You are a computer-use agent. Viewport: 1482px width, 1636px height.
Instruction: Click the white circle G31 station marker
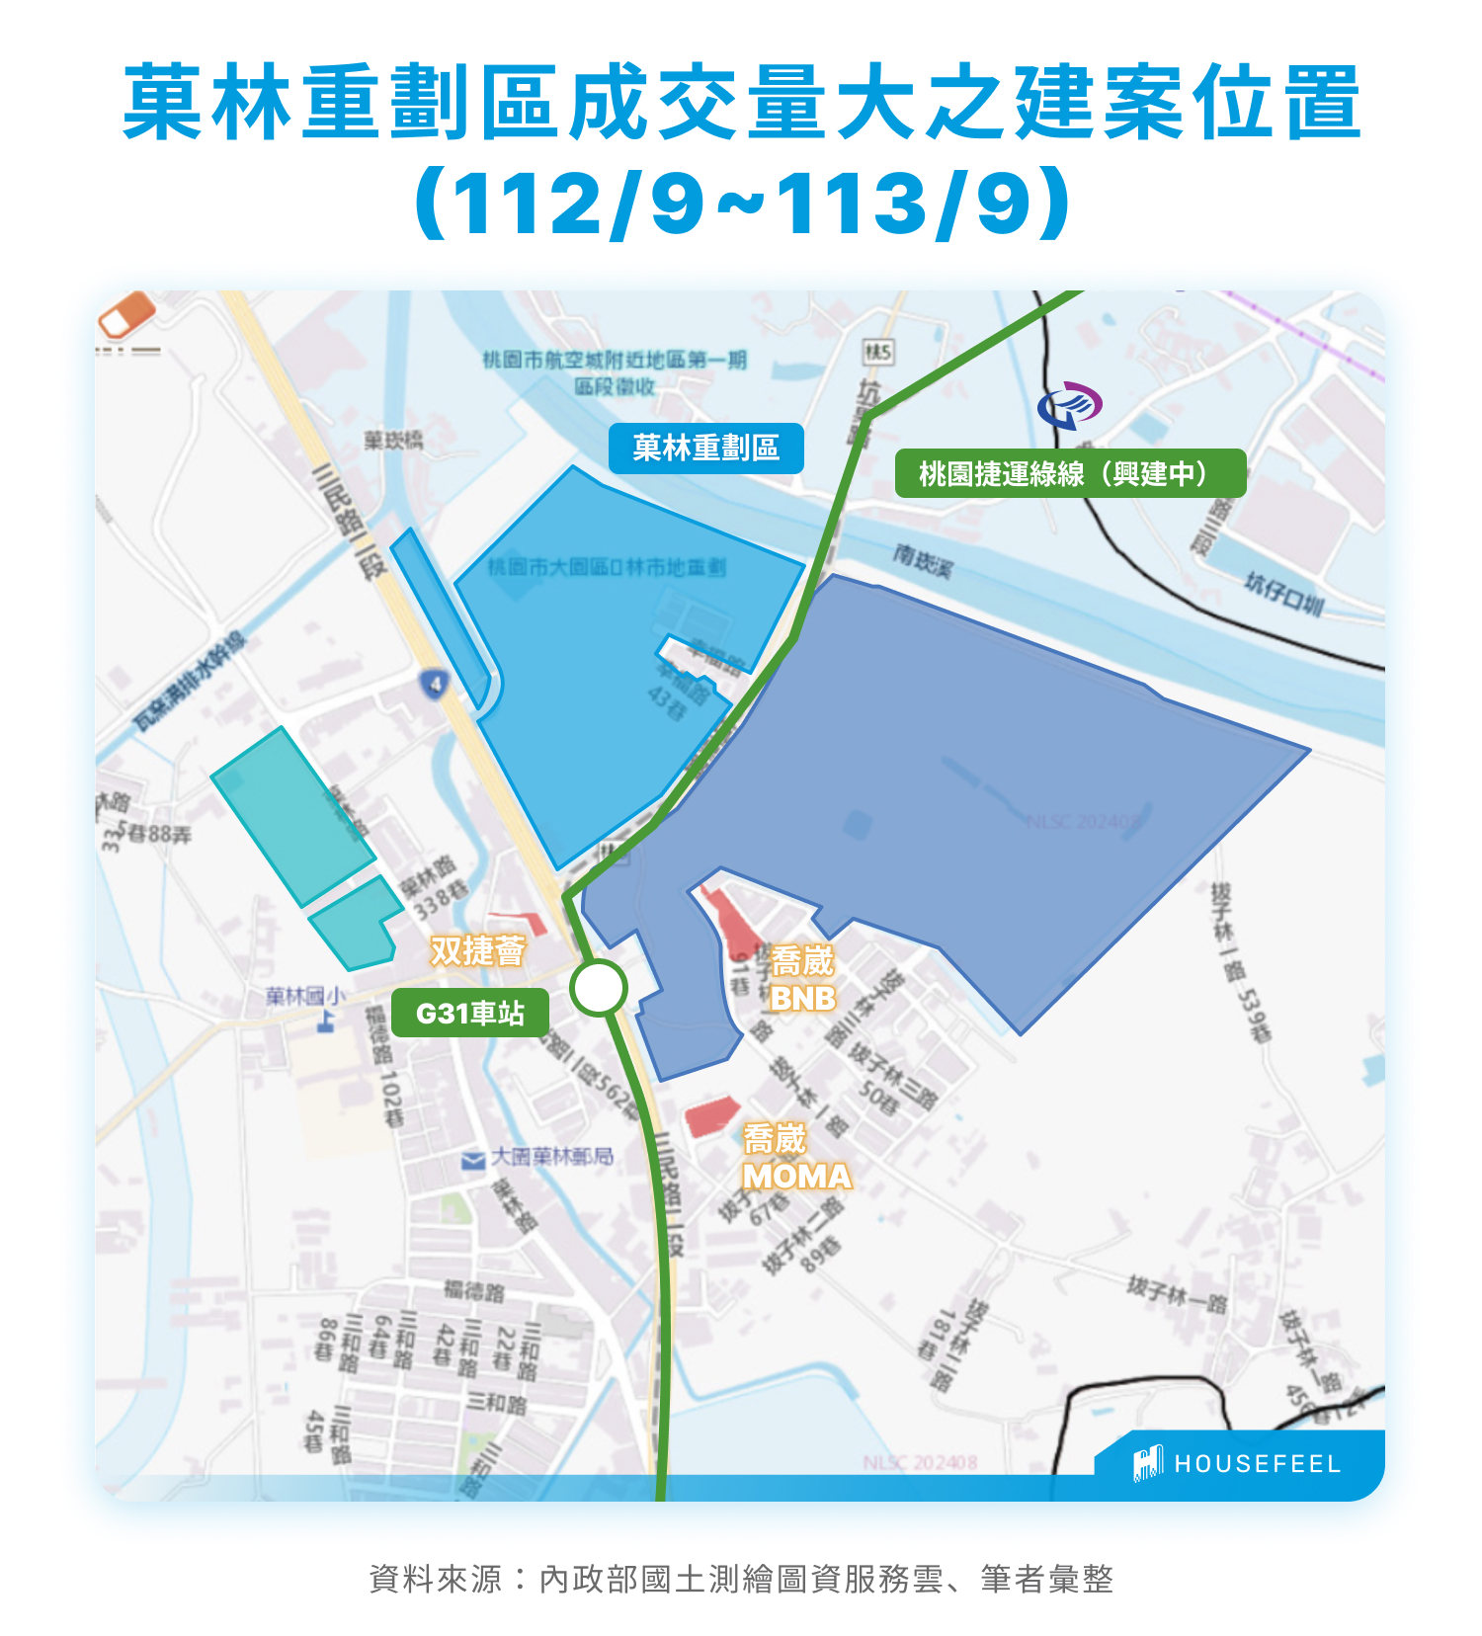(x=599, y=987)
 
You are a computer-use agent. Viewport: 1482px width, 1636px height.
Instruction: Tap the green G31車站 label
(x=469, y=1013)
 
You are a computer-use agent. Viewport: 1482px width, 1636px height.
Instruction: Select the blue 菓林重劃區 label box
(x=705, y=449)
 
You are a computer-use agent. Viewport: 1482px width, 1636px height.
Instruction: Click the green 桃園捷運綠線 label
(x=1069, y=473)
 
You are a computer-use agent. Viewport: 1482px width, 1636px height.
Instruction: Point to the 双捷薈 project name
(x=477, y=951)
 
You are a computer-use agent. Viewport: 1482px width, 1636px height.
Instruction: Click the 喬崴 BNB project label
(x=802, y=978)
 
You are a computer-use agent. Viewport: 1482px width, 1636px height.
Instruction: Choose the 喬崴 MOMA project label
(x=795, y=1157)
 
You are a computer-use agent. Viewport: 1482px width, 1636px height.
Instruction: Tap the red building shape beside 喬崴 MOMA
(x=711, y=1115)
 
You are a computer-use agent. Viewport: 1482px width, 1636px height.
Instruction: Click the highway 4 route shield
(x=435, y=684)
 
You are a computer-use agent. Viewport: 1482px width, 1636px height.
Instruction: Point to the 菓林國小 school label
(x=305, y=996)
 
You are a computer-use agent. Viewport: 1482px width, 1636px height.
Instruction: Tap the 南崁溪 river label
(x=923, y=560)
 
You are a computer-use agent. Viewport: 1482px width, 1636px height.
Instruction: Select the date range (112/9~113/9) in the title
(x=742, y=204)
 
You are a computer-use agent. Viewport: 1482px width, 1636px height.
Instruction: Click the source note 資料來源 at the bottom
(x=741, y=1578)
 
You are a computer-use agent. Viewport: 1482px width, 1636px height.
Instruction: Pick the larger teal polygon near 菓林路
(x=291, y=816)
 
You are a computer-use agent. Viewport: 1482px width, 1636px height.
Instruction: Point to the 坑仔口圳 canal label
(x=1282, y=594)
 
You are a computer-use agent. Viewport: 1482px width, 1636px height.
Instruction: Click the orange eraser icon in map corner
(x=127, y=314)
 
